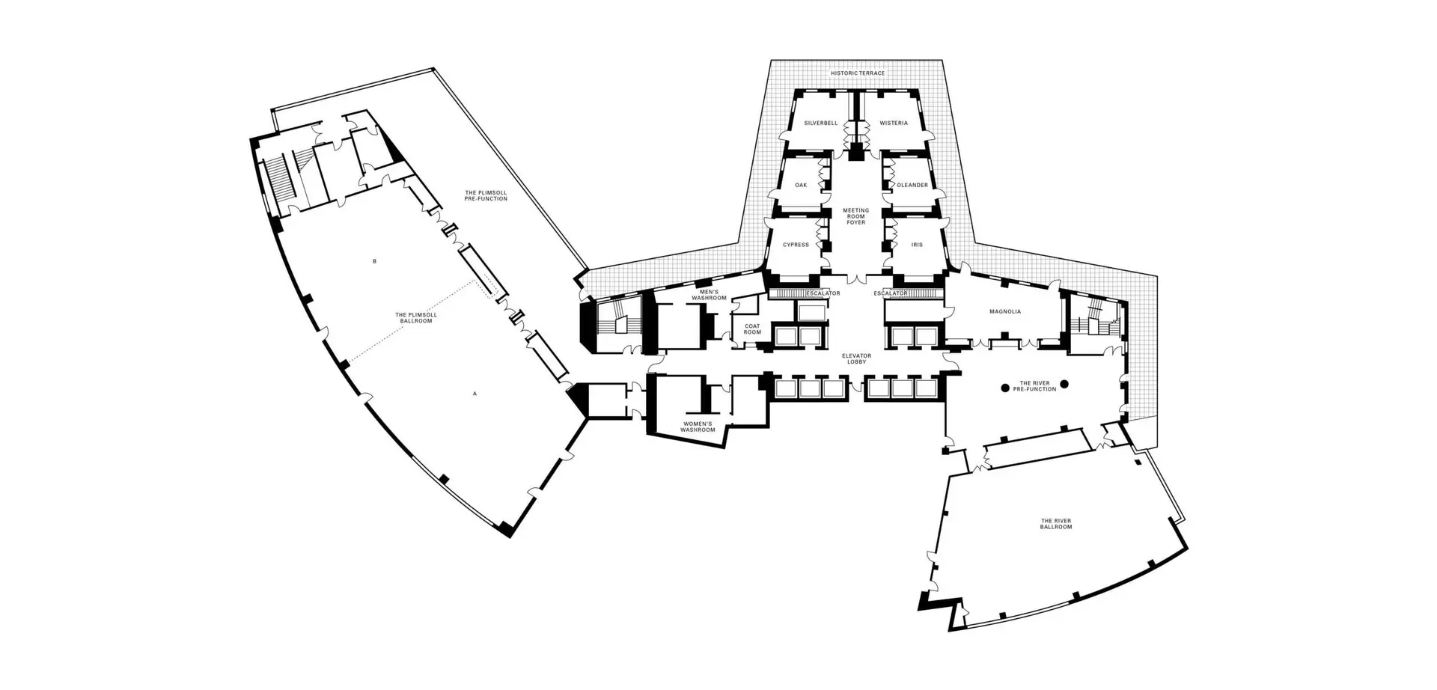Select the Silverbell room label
pos(820,123)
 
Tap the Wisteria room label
pos(893,123)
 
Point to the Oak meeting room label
pos(801,185)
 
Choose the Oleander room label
pos(912,185)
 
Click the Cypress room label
pos(796,245)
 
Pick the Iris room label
pos(917,245)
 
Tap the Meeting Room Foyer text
pos(855,216)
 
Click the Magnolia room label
pos(1004,311)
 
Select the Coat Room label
pos(752,329)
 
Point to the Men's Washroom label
pos(709,295)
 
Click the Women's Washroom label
pos(697,427)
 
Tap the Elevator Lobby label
pos(856,358)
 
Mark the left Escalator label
pos(823,293)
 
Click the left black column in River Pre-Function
pos(1005,388)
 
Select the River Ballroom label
pos(1056,524)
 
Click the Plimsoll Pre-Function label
pos(486,195)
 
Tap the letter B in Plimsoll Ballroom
pos(374,261)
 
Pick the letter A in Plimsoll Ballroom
pos(474,393)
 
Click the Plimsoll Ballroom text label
pos(416,317)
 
